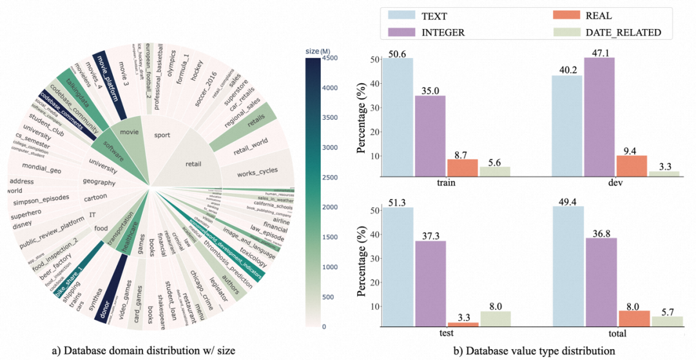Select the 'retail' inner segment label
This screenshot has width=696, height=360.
click(x=194, y=163)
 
